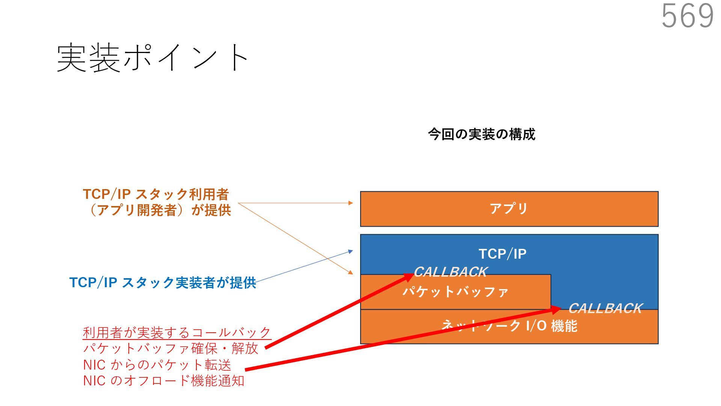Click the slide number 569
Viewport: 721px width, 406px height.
pos(687,16)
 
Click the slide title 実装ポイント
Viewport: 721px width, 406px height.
pos(152,58)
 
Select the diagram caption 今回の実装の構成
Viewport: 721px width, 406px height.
pos(481,134)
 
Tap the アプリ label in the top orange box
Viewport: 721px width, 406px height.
pos(509,208)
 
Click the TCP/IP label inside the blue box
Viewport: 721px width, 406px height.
pos(502,254)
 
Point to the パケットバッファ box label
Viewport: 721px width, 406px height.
pos(456,292)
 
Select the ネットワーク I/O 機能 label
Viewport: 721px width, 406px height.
pos(509,326)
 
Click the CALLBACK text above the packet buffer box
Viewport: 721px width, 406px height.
pos(450,271)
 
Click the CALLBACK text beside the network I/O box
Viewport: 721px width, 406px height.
pos(605,308)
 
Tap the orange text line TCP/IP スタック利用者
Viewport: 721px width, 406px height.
pos(156,194)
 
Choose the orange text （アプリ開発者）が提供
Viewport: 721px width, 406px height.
pos(158,210)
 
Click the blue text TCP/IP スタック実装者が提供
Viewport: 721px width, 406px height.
pos(163,283)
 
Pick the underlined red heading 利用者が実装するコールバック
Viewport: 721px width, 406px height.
pos(177,333)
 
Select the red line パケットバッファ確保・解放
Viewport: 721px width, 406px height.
pos(171,348)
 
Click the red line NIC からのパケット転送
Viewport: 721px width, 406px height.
pos(157,365)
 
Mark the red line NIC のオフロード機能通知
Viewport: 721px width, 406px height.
pos(164,381)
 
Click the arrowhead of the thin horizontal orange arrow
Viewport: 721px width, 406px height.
pos(351,203)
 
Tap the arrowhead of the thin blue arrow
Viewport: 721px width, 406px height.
pos(351,251)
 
